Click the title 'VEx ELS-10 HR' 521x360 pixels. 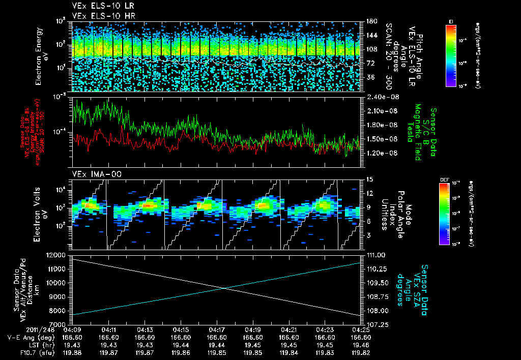coord(99,16)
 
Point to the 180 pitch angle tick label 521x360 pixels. coord(368,21)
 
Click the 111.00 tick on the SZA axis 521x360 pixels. coord(373,255)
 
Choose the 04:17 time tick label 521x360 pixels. coord(217,329)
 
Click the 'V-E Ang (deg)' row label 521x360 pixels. coord(27,337)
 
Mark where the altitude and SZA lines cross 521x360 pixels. coord(224,288)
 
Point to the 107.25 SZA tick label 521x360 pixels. coord(373,324)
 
